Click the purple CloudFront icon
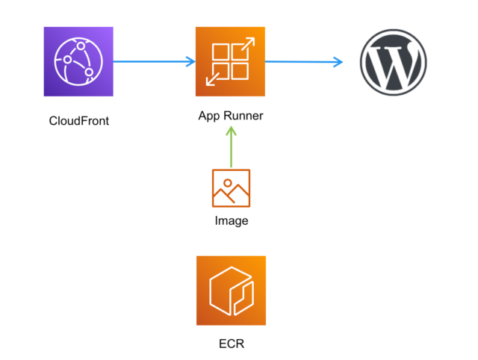click(x=78, y=61)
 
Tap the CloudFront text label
click(x=78, y=120)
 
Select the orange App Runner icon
click(x=230, y=62)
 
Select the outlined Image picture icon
click(x=231, y=188)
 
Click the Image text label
click(x=231, y=221)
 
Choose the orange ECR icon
click(x=231, y=291)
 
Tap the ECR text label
click(x=231, y=344)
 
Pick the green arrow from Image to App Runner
click(x=231, y=149)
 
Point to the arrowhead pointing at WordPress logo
click(x=338, y=61)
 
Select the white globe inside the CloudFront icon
click(x=78, y=61)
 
